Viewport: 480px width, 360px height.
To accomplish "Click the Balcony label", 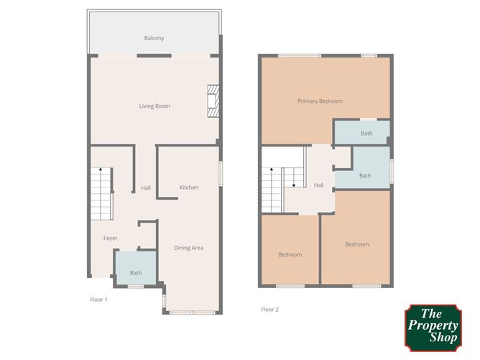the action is (154, 38).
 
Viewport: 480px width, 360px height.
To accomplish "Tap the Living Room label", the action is (154, 106).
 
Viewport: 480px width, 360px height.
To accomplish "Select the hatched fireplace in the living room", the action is (213, 101).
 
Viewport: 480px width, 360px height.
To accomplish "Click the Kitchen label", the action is (188, 187).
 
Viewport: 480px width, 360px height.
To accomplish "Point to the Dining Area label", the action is (188, 248).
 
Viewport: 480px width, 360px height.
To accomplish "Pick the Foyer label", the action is (111, 238).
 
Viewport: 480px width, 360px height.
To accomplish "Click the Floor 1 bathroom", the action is (136, 268).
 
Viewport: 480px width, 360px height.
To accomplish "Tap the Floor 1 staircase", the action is (101, 194).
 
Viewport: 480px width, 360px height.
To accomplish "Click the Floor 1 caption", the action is (99, 300).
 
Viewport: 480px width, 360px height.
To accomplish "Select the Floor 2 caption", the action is (269, 309).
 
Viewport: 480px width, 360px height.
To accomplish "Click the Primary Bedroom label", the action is (320, 101).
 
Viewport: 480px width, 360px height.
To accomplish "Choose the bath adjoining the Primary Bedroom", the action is (362, 132).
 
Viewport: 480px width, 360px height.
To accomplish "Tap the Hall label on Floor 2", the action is (318, 185).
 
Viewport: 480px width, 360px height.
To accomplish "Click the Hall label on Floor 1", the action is (146, 188).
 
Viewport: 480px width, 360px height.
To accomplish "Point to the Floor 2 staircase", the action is (282, 190).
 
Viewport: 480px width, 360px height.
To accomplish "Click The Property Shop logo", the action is (433, 328).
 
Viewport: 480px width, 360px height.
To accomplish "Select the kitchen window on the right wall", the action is (221, 173).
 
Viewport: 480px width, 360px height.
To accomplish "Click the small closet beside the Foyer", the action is (147, 235).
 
